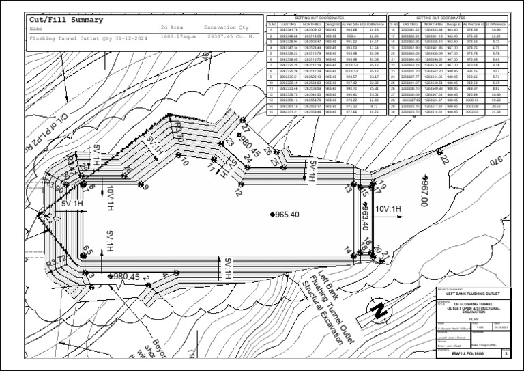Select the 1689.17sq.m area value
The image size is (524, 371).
tap(179, 38)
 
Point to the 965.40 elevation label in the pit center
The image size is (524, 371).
tap(287, 215)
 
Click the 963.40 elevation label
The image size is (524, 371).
tap(366, 216)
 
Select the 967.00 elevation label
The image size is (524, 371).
tap(423, 192)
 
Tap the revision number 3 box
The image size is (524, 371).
tap(505, 354)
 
